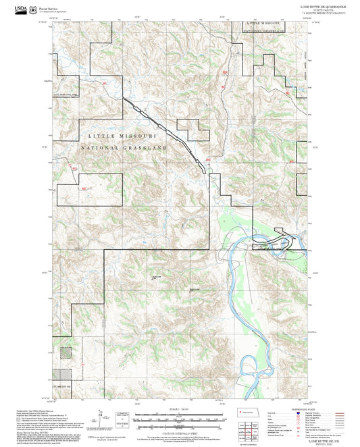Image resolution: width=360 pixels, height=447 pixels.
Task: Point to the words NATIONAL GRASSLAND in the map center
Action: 124,147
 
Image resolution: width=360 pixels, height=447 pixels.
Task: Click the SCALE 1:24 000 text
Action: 180,411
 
